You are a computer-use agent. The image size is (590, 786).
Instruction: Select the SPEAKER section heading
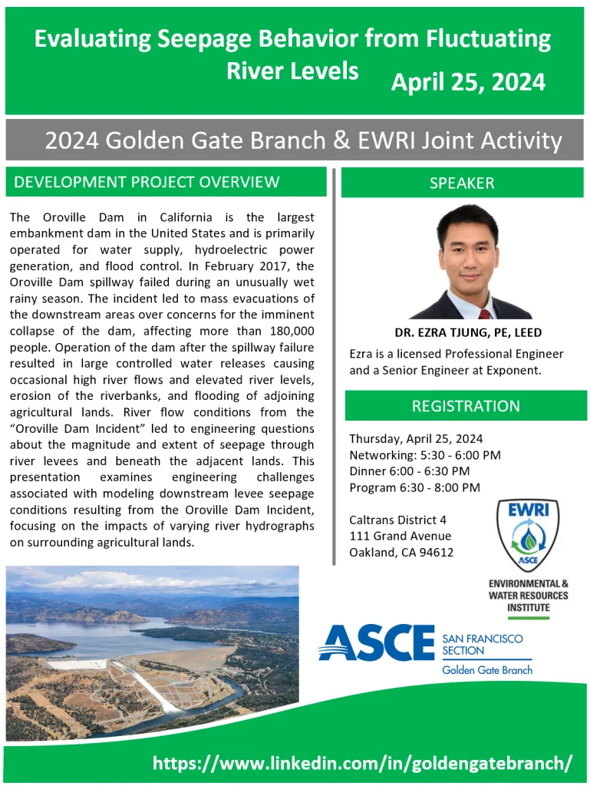coord(462,183)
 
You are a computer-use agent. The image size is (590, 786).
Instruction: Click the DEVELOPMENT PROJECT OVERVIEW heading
coord(147,181)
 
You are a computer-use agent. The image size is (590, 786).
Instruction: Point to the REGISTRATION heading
coord(466,405)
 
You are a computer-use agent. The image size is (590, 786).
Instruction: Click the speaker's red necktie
coord(484,314)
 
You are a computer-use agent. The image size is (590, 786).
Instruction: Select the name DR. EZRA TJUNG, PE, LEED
coord(468,332)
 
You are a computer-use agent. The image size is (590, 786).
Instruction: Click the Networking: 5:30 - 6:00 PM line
coord(425,454)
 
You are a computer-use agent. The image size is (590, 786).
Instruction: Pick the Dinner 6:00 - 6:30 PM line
coord(409,471)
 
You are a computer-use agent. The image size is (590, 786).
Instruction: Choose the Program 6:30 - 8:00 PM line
coord(414,487)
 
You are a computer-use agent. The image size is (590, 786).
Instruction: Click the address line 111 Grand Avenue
coord(400,536)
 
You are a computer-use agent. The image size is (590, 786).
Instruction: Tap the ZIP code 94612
coord(437,553)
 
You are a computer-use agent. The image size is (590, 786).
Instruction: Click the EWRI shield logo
coord(528,535)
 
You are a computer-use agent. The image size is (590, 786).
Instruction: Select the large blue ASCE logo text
coord(377,642)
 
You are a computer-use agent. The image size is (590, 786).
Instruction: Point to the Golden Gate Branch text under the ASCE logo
coord(487,669)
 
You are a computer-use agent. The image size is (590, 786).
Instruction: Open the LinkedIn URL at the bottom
coord(362,763)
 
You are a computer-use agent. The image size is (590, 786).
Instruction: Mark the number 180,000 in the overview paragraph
coord(292,331)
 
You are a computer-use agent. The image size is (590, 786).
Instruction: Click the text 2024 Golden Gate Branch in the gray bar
coord(185,140)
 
